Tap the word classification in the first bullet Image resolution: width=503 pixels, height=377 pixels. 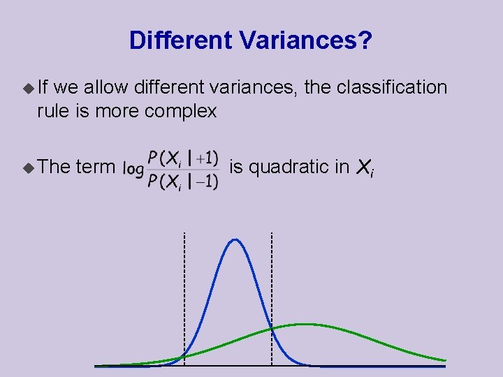(x=391, y=87)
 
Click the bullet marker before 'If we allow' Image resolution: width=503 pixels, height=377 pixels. (x=28, y=88)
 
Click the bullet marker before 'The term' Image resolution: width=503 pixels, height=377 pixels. (x=28, y=167)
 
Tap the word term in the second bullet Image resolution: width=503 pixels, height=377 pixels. (x=95, y=167)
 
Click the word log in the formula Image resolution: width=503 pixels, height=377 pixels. (x=133, y=168)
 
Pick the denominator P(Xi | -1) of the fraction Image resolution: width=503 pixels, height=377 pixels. (x=182, y=182)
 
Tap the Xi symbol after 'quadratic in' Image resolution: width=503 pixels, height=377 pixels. (x=365, y=168)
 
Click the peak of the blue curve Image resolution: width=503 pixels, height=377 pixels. (x=235, y=240)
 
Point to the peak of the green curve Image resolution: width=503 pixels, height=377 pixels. (x=305, y=324)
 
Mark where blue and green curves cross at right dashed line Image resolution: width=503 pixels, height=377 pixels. (x=272, y=328)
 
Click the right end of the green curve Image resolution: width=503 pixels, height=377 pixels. (x=444, y=360)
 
